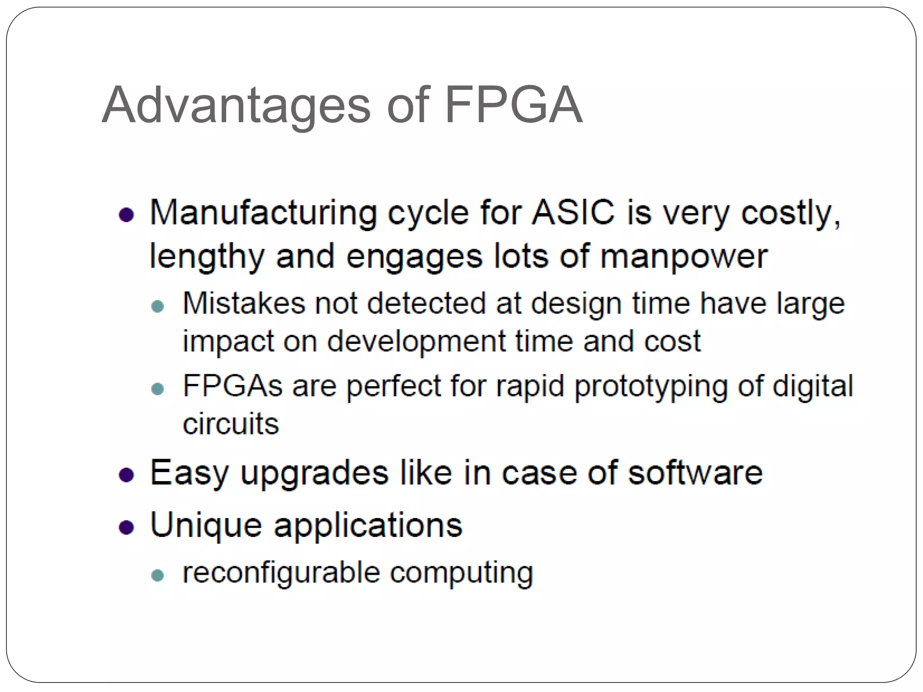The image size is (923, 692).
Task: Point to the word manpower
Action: click(x=684, y=256)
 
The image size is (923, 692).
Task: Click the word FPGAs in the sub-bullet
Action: click(x=233, y=386)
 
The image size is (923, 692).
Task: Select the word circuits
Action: click(x=231, y=424)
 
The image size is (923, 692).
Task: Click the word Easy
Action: click(x=189, y=473)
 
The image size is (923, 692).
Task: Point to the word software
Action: click(x=695, y=473)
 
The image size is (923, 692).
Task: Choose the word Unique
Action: click(x=206, y=525)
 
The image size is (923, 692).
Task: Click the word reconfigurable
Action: click(x=281, y=573)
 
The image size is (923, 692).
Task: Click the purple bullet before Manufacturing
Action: click(x=127, y=215)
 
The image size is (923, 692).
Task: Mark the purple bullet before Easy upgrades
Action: click(x=127, y=475)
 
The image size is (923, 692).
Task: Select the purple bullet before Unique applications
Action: click(x=127, y=527)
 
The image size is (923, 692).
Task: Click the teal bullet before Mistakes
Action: click(x=158, y=307)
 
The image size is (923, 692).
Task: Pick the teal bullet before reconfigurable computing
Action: click(x=158, y=575)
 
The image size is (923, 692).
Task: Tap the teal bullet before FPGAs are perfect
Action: click(x=158, y=389)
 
